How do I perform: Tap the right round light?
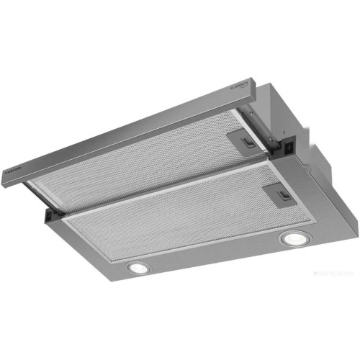[x=292, y=238]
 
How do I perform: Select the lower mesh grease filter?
[x=180, y=216]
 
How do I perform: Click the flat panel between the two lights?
[x=216, y=253]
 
